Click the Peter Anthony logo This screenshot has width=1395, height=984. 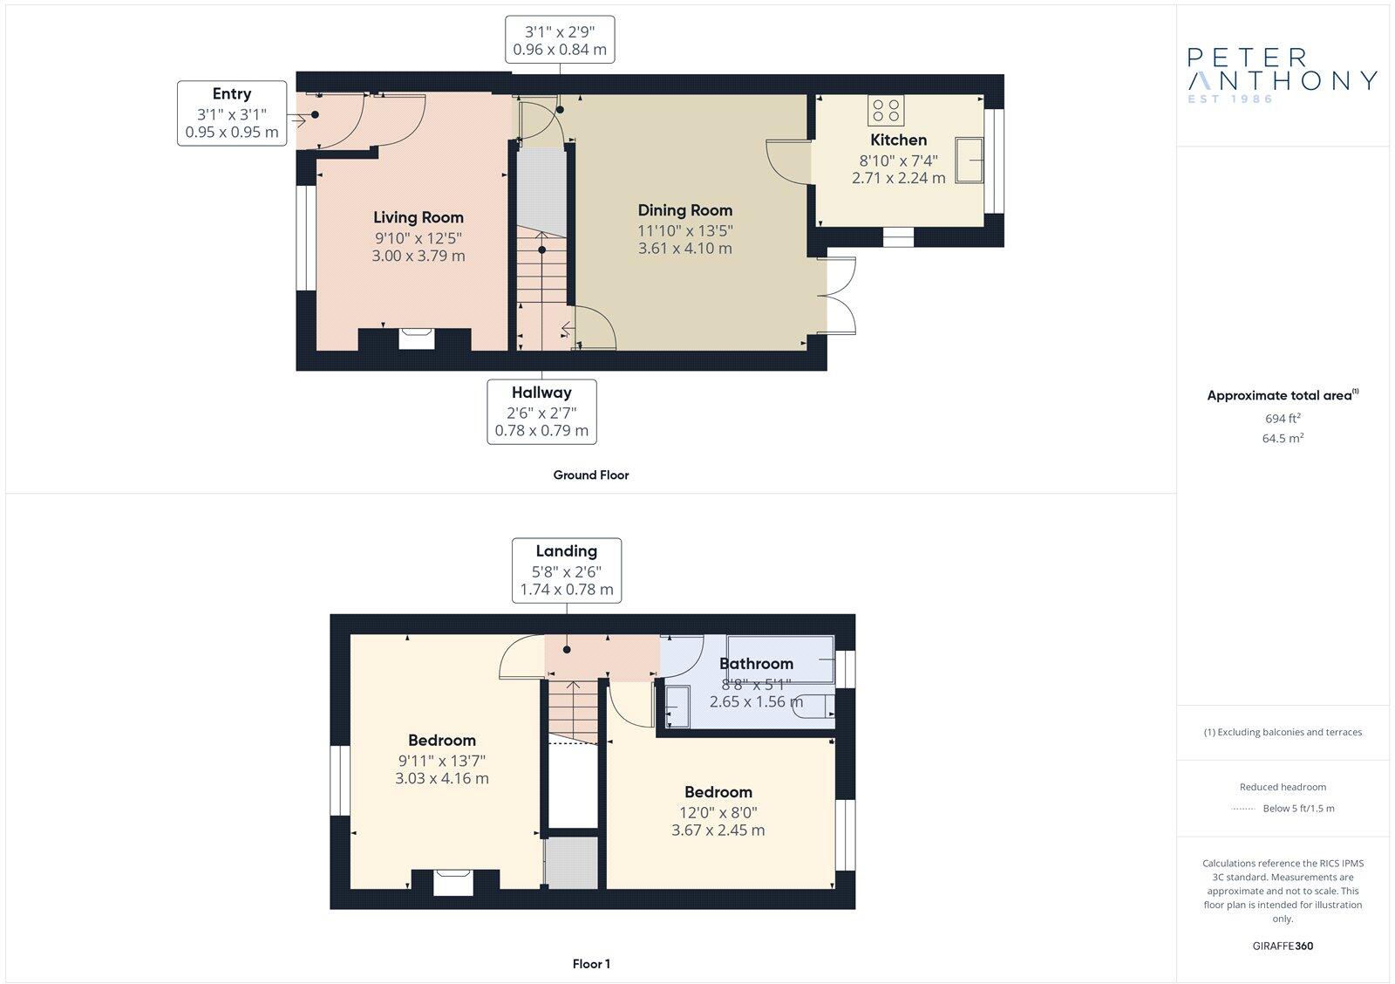1282,75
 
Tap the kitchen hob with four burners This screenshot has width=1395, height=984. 886,111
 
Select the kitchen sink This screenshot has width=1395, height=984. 970,160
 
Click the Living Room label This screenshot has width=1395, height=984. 418,217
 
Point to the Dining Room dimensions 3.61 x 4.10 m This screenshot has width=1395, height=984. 685,248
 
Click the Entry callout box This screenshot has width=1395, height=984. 232,113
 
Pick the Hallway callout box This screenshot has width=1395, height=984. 541,412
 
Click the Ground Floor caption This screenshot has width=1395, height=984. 590,475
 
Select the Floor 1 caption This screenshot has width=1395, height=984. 591,964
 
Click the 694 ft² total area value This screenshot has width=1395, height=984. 1283,419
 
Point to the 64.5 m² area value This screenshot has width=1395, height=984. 1283,439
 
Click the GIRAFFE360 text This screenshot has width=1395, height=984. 1283,946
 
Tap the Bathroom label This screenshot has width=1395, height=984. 756,664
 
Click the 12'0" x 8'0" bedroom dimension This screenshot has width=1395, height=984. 718,811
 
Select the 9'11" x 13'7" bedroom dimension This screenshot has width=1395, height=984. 441,760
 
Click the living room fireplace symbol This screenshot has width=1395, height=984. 416,338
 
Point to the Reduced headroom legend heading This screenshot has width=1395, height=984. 1283,787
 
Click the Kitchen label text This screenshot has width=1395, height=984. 898,140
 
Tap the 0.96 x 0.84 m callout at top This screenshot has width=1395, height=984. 560,50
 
